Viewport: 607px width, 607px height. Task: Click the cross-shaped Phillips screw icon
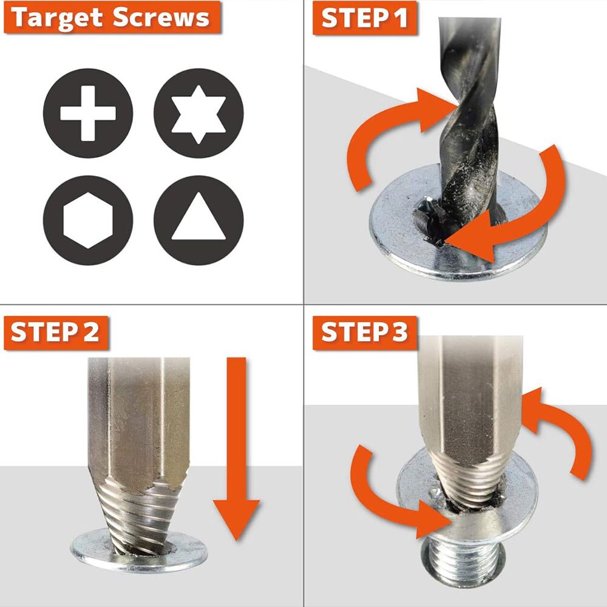(88, 114)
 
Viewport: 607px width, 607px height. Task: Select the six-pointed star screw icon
(198, 114)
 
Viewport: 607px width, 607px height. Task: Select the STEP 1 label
(365, 19)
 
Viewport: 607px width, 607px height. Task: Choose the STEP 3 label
(365, 333)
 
